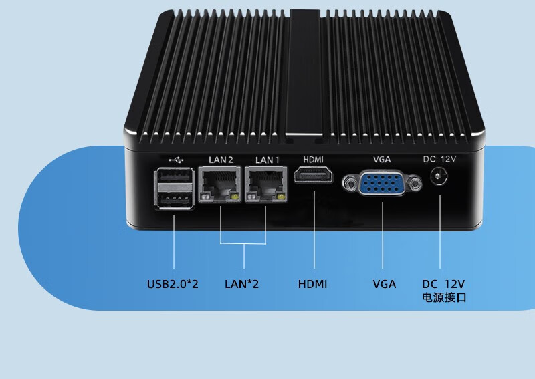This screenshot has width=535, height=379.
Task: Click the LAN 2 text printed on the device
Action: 221,160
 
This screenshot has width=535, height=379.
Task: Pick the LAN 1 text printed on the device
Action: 266,160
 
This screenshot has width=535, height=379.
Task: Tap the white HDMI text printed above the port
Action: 314,159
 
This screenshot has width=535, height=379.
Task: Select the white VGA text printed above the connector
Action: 382,159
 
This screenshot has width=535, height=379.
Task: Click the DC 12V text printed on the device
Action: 439,159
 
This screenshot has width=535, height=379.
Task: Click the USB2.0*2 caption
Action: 173,284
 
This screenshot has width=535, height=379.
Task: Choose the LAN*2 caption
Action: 242,284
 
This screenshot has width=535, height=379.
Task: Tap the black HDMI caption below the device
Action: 312,284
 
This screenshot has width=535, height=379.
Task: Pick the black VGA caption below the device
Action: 385,284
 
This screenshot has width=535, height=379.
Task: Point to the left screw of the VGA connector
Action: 348,182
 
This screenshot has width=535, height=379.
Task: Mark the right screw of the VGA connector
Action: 417,182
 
